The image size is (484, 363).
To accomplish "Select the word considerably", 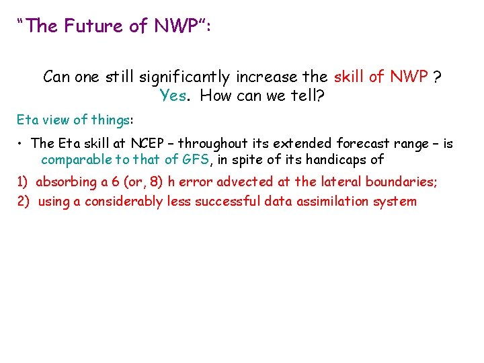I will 121,201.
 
